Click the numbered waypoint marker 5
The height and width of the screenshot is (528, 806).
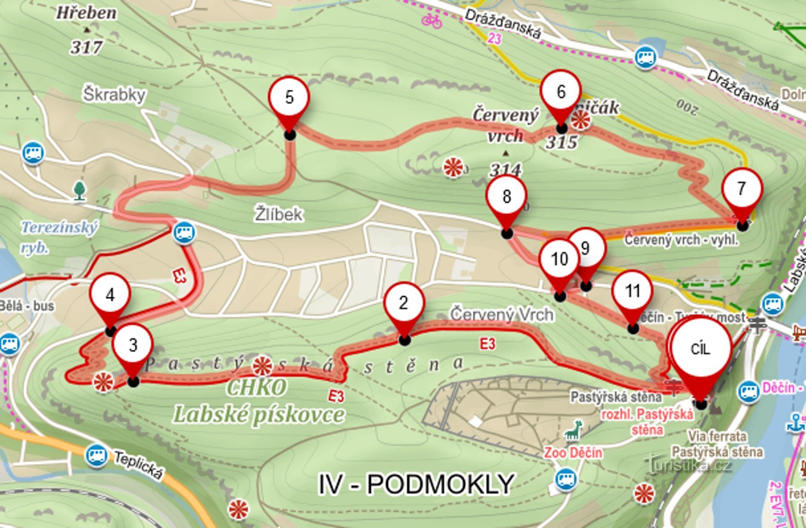pyautogui.click(x=289, y=98)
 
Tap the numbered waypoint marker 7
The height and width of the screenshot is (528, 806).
pyautogui.click(x=742, y=189)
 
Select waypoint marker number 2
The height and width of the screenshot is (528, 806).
pyautogui.click(x=403, y=303)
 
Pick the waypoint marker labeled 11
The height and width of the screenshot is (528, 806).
pyautogui.click(x=632, y=291)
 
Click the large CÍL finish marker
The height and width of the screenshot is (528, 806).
pyautogui.click(x=700, y=349)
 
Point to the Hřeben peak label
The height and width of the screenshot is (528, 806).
pyautogui.click(x=86, y=13)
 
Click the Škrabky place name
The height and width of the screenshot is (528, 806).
pyautogui.click(x=114, y=95)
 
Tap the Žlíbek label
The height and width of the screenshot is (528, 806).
pyautogui.click(x=279, y=214)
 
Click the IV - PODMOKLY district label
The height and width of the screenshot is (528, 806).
pyautogui.click(x=416, y=485)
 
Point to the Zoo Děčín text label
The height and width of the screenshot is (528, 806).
pyautogui.click(x=573, y=453)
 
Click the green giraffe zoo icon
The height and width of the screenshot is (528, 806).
pyautogui.click(x=573, y=431)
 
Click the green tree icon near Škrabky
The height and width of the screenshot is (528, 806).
pyautogui.click(x=80, y=190)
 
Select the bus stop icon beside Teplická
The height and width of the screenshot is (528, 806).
pyautogui.click(x=96, y=456)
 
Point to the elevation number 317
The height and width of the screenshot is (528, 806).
pyautogui.click(x=86, y=47)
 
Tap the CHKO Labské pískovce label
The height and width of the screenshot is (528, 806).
pyautogui.click(x=258, y=402)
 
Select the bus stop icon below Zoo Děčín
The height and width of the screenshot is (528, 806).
pyautogui.click(x=566, y=479)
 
